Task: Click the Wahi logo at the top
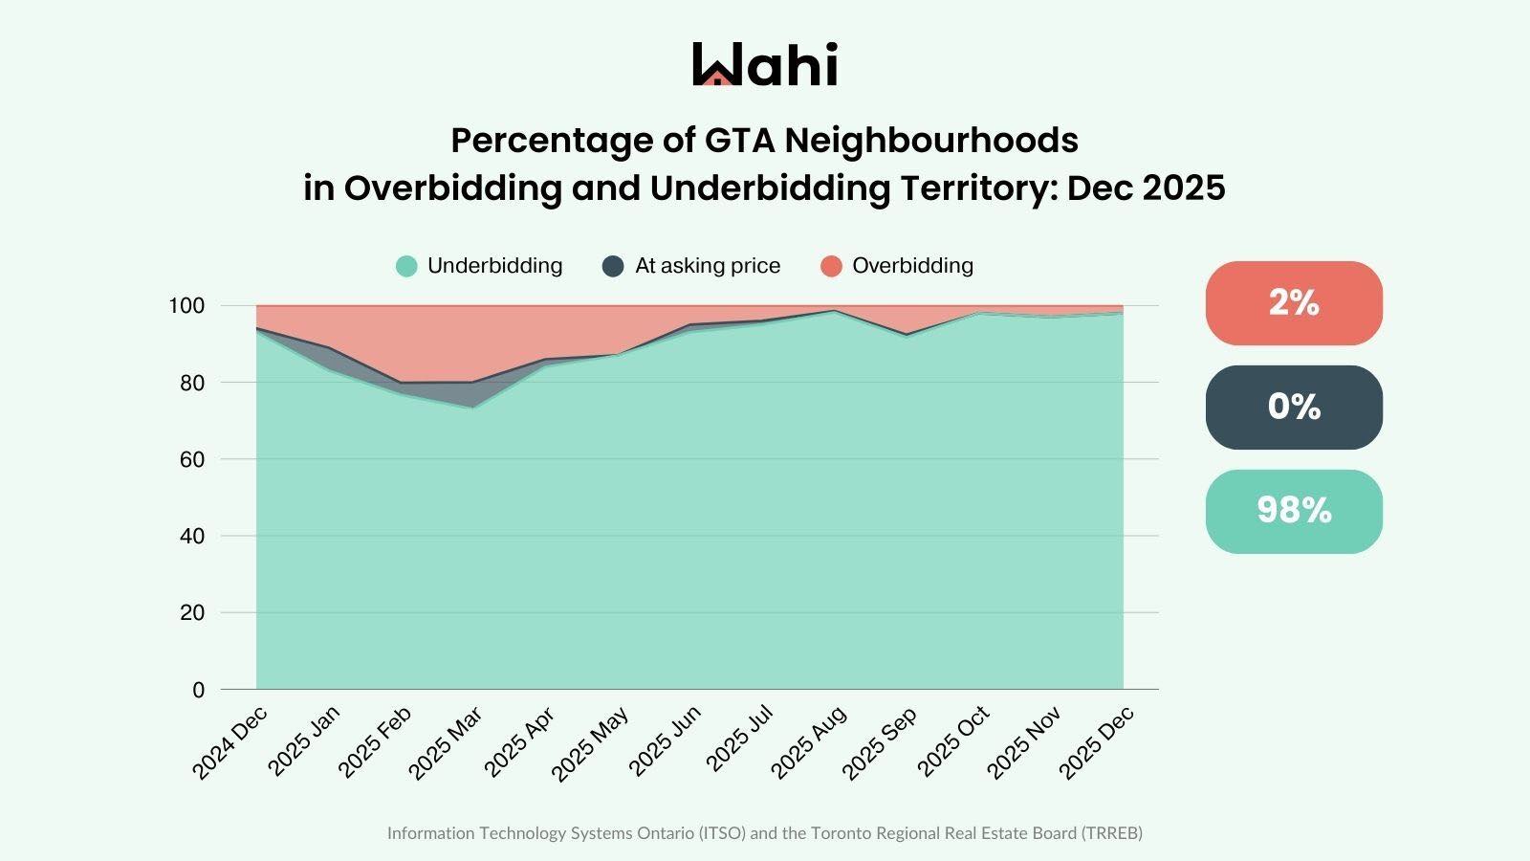(x=765, y=64)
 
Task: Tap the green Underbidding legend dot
(x=406, y=266)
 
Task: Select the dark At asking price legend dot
(x=613, y=266)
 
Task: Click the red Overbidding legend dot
(x=831, y=266)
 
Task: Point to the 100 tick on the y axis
(x=186, y=306)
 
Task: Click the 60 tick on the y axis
(x=192, y=459)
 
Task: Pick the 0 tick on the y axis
(x=198, y=690)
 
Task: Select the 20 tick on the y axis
(x=192, y=612)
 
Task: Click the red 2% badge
(x=1294, y=302)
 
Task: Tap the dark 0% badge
(x=1294, y=407)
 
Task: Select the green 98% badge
(x=1294, y=511)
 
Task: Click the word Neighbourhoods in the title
(x=931, y=141)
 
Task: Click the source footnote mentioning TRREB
(x=765, y=832)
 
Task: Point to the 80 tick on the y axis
(x=192, y=383)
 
